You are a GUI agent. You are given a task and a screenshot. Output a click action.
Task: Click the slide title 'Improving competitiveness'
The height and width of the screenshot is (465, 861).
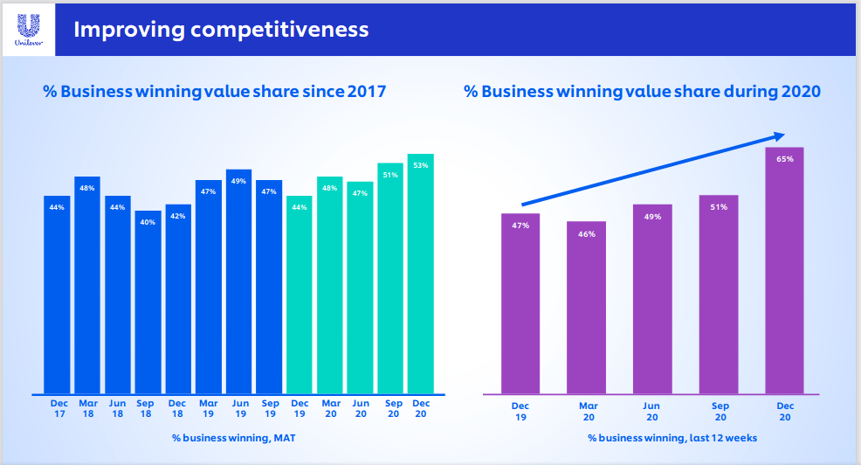(221, 30)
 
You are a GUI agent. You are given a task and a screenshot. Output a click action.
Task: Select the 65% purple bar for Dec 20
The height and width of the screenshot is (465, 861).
(783, 270)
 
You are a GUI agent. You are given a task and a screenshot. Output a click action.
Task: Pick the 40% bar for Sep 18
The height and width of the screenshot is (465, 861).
(148, 302)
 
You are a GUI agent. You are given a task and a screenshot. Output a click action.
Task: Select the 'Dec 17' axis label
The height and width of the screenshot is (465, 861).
(59, 408)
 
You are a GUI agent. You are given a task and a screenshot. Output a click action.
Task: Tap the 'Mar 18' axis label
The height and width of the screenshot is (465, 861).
(87, 408)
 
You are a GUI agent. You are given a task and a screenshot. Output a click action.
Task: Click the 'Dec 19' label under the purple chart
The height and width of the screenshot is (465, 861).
(520, 412)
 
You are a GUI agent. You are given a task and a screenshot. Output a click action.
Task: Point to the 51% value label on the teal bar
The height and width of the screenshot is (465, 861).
(390, 175)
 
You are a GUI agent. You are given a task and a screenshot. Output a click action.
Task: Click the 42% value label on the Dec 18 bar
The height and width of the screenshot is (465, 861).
(178, 216)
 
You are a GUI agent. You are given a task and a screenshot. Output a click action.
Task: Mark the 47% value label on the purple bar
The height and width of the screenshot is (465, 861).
(520, 226)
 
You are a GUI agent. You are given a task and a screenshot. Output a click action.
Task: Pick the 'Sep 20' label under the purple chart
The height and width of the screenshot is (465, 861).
(720, 412)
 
